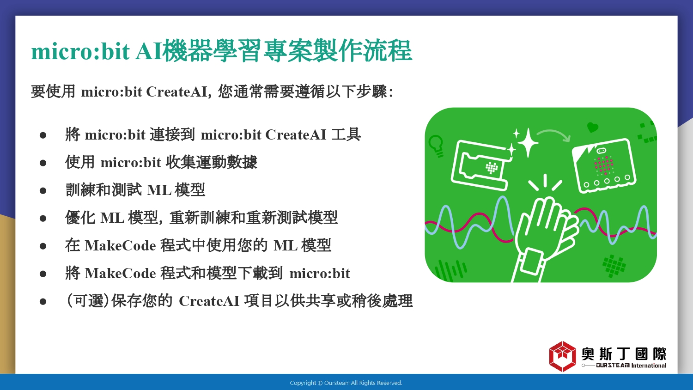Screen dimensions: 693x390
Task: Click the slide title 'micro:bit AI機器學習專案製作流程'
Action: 221,51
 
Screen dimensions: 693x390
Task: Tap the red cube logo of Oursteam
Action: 562,356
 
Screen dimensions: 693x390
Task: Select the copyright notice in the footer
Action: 346,383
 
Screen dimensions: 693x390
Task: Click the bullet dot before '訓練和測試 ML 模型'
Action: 43,190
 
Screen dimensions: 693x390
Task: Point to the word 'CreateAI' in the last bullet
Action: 209,301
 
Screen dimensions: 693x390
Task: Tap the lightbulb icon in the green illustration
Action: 436,146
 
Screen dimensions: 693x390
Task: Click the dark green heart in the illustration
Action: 592,127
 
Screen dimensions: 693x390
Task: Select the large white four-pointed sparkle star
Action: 528,143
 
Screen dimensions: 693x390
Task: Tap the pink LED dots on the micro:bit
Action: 603,165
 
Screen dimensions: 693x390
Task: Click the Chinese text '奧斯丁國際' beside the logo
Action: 624,354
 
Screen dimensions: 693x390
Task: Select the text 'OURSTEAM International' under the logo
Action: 631,366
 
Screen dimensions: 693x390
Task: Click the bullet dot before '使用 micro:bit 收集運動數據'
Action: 43,163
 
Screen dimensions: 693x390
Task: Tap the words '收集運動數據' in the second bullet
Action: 212,162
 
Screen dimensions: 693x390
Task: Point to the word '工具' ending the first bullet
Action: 346,134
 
